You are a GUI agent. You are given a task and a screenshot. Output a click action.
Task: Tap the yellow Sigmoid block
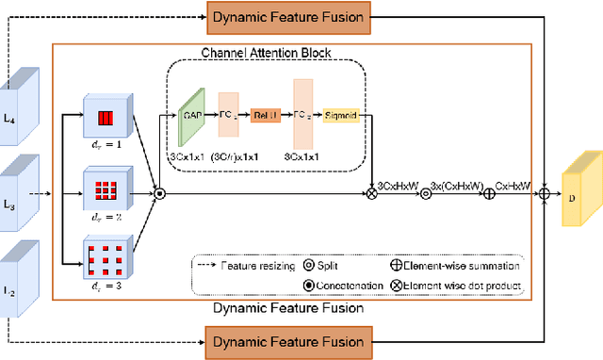pyautogui.click(x=346, y=116)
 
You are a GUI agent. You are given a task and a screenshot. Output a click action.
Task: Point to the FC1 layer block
pyautogui.click(x=230, y=115)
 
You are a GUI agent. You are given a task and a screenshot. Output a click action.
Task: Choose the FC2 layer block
pyautogui.click(x=302, y=115)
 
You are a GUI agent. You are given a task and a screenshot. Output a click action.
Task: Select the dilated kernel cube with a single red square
pyautogui.click(x=105, y=117)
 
